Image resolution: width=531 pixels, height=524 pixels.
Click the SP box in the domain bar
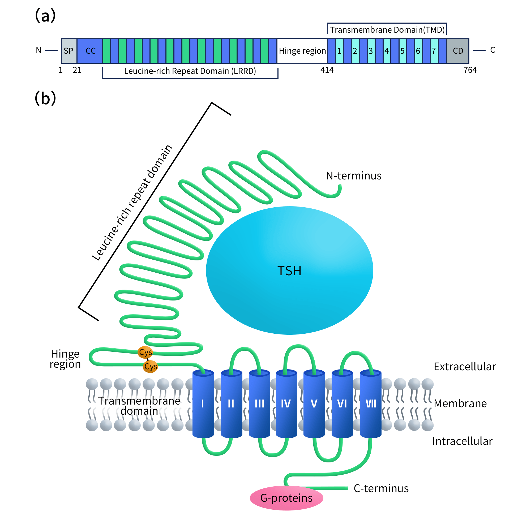pyautogui.click(x=69, y=51)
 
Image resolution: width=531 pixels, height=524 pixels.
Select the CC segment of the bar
pyautogui.click(x=90, y=51)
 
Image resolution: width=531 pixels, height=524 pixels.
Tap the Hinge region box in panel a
pyautogui.click(x=302, y=51)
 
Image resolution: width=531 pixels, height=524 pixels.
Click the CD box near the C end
pyautogui.click(x=458, y=51)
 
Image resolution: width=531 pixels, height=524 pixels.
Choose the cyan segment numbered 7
pyautogui.click(x=434, y=51)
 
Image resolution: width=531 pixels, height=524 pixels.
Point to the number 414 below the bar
pyautogui.click(x=327, y=70)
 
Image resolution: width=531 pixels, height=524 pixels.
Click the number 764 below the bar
pyautogui.click(x=470, y=70)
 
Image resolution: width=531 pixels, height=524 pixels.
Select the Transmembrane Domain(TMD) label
pyautogui.click(x=387, y=30)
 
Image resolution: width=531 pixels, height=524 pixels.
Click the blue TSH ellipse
pyautogui.click(x=289, y=271)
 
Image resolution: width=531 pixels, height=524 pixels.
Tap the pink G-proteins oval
pyautogui.click(x=286, y=498)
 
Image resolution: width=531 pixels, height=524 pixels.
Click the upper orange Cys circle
pyautogui.click(x=145, y=352)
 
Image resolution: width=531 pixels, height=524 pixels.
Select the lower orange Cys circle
pyautogui.click(x=150, y=366)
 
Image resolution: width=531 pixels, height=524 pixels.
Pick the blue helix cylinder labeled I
pyautogui.click(x=203, y=403)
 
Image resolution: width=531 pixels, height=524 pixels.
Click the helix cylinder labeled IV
pyautogui.click(x=286, y=403)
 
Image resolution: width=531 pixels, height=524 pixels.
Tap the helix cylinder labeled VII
pyautogui.click(x=370, y=403)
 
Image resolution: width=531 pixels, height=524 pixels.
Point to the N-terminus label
pyautogui.click(x=353, y=175)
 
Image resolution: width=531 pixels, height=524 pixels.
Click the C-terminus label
pyautogui.click(x=381, y=488)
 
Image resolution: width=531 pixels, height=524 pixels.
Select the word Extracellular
pyautogui.click(x=464, y=367)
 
